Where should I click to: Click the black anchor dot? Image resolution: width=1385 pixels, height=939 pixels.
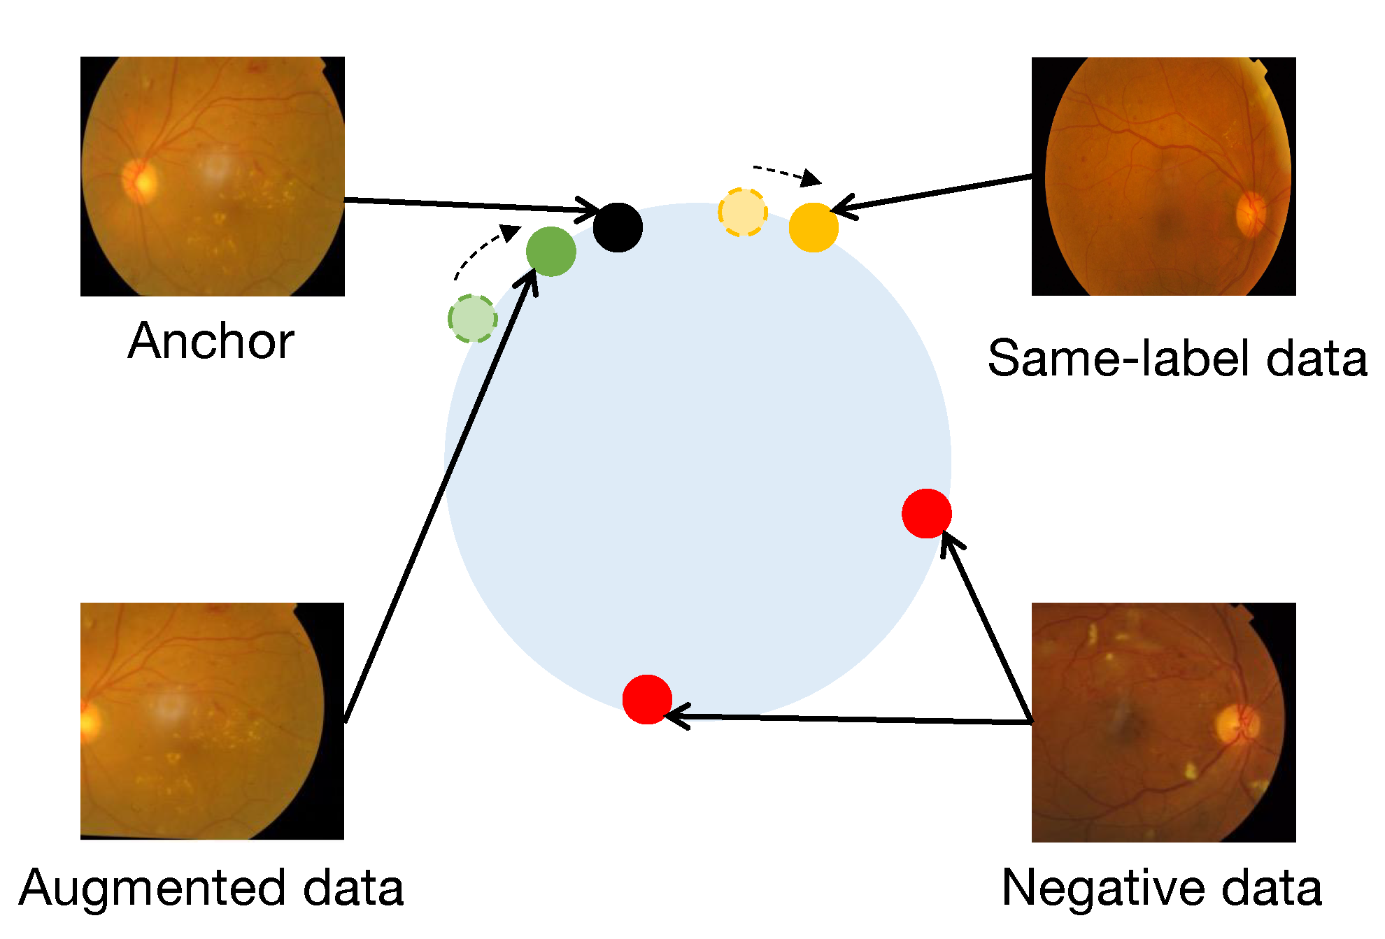(x=618, y=227)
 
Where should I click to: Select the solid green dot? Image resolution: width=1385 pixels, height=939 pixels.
(x=551, y=251)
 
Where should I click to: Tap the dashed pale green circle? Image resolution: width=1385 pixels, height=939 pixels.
(x=473, y=319)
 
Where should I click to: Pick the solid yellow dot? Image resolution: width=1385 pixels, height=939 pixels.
(x=814, y=227)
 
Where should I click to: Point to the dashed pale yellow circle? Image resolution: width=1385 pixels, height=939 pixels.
(x=743, y=213)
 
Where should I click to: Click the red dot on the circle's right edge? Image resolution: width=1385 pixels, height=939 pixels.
(x=927, y=513)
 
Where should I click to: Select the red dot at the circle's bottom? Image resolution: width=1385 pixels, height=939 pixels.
(x=647, y=698)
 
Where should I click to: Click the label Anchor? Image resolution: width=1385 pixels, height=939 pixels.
(x=211, y=341)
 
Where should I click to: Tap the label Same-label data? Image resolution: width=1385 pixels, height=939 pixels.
(x=1177, y=358)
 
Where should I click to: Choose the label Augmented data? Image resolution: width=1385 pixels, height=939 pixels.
(x=211, y=888)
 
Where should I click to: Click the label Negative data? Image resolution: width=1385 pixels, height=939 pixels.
(x=1162, y=888)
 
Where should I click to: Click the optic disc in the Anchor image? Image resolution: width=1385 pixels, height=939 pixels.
(x=140, y=180)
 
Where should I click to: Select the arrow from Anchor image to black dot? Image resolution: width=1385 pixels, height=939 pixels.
(x=469, y=204)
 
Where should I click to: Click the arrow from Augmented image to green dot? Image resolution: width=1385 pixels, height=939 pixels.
(x=441, y=496)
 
